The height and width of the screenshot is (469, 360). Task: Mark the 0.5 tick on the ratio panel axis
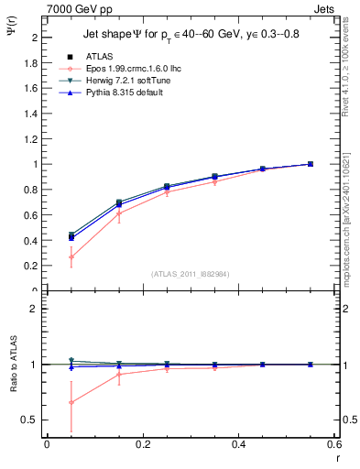(33, 420)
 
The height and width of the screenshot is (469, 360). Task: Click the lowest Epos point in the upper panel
(71, 257)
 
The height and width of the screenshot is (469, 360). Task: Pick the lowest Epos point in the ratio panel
(71, 402)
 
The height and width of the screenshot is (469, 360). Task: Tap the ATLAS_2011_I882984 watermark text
(189, 273)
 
